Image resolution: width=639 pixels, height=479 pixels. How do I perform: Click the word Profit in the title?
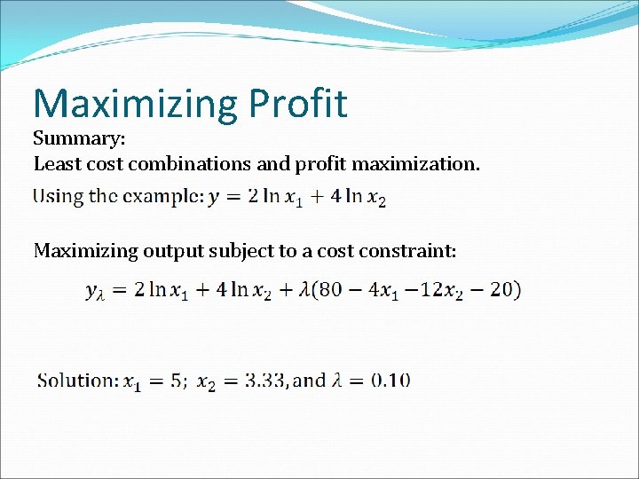click(x=298, y=104)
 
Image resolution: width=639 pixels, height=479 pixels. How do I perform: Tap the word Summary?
click(x=79, y=139)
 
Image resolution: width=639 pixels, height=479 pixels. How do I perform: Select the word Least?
click(x=55, y=164)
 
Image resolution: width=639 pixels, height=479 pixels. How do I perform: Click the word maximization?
click(x=416, y=164)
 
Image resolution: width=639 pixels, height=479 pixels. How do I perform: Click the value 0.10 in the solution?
click(x=390, y=381)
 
